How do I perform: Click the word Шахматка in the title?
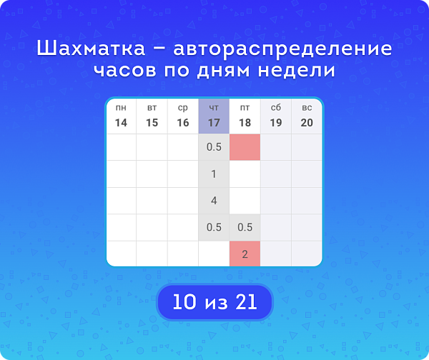tap(91, 49)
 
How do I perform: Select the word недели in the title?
tap(297, 71)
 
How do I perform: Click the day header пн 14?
tap(121, 116)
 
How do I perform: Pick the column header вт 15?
tap(152, 116)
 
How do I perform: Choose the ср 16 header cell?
tap(183, 116)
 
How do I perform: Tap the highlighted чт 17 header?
tap(214, 116)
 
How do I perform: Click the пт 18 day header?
tap(245, 116)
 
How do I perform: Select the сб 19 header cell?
tap(276, 116)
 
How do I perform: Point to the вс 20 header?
tap(307, 116)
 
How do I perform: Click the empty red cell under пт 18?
tap(245, 147)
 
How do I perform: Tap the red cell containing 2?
tap(245, 254)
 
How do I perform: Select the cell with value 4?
tap(214, 201)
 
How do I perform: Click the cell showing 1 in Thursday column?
tap(214, 174)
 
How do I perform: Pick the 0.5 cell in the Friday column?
tap(245, 227)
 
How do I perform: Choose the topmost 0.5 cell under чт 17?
tap(214, 147)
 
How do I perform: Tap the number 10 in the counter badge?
tap(184, 302)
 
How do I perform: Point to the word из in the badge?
tap(216, 304)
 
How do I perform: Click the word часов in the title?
tap(125, 71)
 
